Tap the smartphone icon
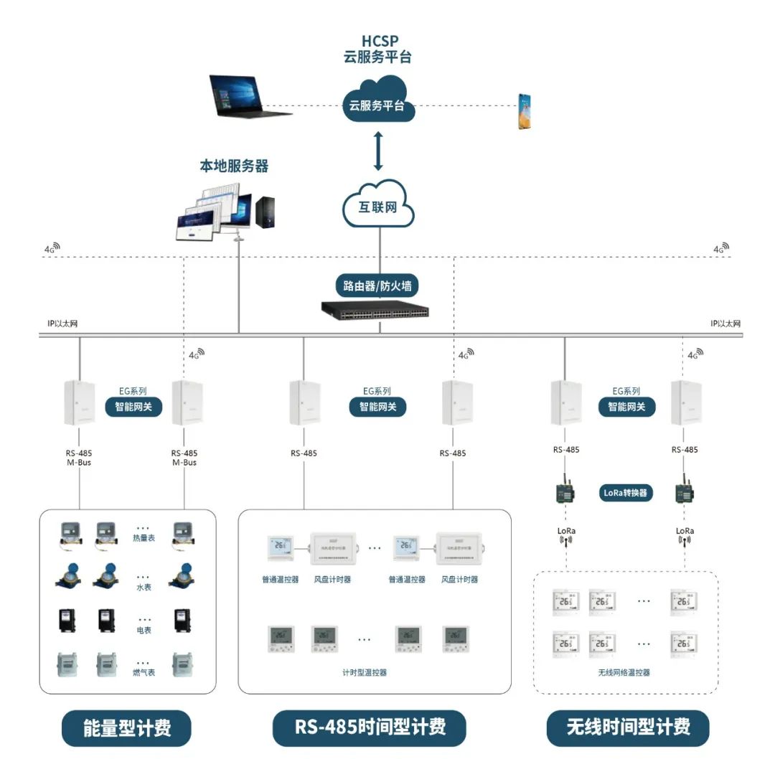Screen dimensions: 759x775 point(525,111)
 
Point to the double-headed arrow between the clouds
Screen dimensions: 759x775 point(378,150)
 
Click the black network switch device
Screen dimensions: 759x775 point(375,310)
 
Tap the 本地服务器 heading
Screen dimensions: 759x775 point(234,166)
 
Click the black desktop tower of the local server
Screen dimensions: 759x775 point(266,212)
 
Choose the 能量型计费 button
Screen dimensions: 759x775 point(127,727)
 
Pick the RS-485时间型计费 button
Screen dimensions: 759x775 point(370,727)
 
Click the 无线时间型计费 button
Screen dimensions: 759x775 point(628,727)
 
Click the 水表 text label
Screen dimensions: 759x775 point(144,587)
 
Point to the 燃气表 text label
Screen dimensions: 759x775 point(144,672)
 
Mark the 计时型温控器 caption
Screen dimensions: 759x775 point(365,673)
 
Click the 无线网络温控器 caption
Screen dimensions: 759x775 point(624,673)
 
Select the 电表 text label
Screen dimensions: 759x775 point(144,630)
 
